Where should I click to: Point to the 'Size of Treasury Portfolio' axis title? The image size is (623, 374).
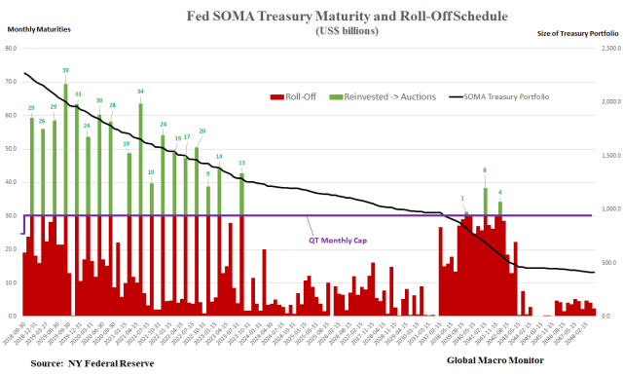[579, 33]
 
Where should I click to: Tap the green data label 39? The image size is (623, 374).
[65, 70]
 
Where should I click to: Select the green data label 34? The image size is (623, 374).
[141, 91]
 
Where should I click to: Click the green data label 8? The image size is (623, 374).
[485, 170]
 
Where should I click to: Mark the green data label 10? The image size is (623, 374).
[151, 172]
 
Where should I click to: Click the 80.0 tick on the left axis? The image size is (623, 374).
[13, 48]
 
